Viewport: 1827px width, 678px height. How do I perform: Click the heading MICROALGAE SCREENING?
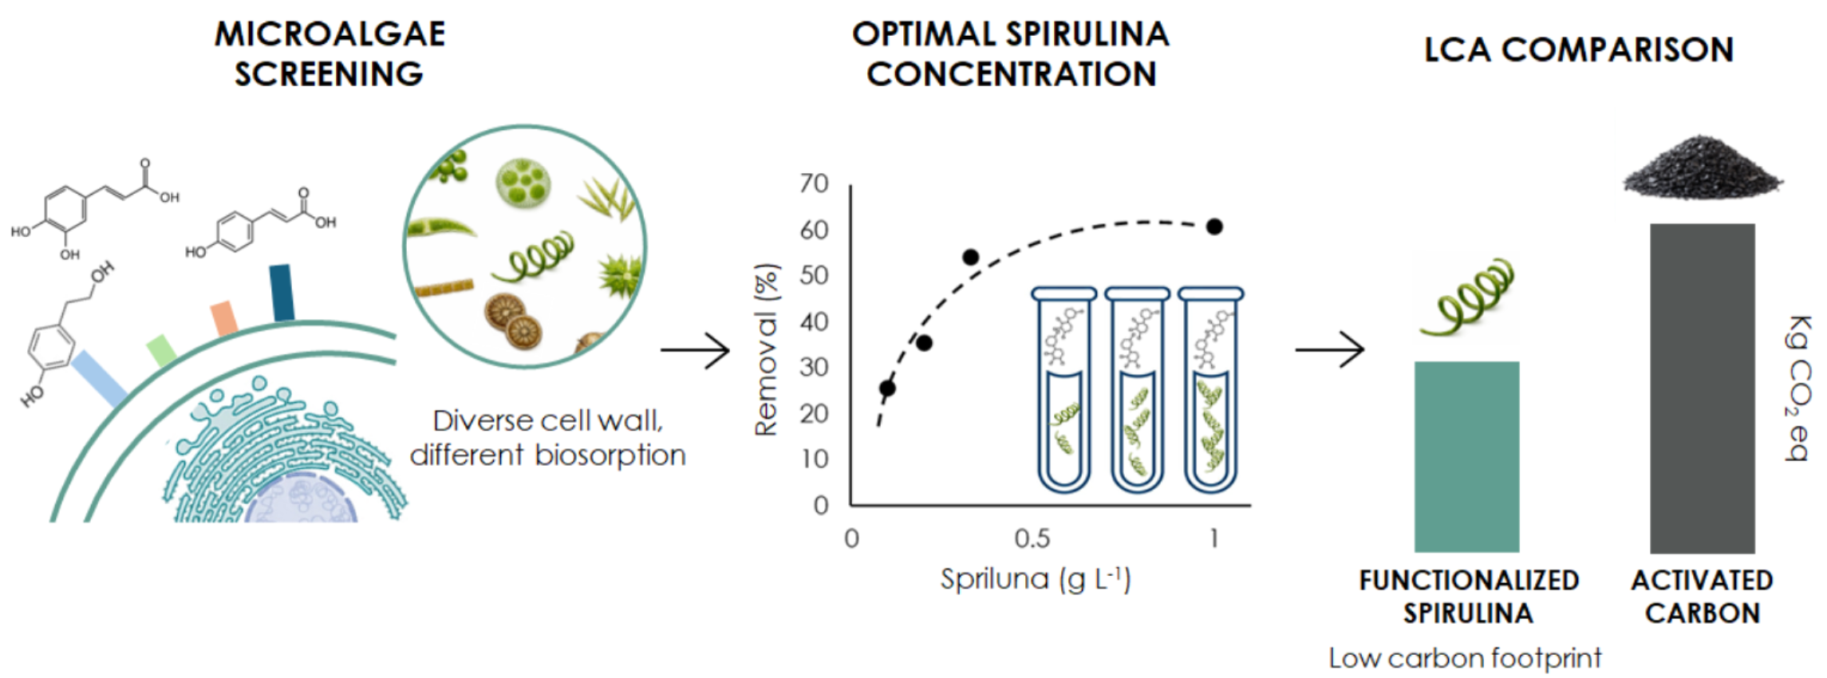[x=329, y=53]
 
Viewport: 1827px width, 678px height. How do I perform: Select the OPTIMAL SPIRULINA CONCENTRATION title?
[x=1011, y=53]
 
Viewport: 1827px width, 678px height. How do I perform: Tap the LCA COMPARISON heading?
[x=1579, y=49]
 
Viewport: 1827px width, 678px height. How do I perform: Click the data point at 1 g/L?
[x=1214, y=227]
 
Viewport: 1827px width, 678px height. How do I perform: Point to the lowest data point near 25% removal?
[x=887, y=388]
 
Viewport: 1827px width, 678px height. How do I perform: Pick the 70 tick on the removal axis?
[x=815, y=183]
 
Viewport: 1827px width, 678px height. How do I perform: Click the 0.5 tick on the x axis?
[x=1032, y=538]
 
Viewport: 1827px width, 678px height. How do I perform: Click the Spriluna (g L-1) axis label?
[x=1036, y=579]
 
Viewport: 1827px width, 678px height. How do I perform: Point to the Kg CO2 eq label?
[x=1797, y=388]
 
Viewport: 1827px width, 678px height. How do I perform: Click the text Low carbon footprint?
[x=1465, y=658]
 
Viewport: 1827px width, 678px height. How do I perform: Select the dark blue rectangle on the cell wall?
[x=282, y=293]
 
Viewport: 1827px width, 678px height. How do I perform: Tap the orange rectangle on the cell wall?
[x=224, y=318]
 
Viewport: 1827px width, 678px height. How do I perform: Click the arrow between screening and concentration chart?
[x=695, y=349]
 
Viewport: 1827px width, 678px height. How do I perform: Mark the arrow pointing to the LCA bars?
[x=1329, y=349]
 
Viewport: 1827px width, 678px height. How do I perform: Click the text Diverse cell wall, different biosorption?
[x=547, y=437]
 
